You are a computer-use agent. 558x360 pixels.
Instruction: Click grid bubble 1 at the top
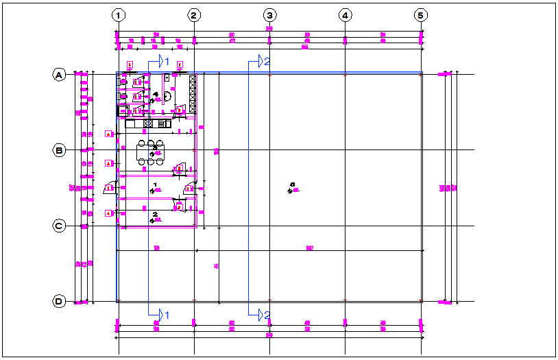coord(119,14)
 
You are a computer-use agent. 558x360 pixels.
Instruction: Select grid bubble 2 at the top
coord(195,14)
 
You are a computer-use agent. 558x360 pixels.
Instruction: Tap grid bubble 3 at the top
coord(270,14)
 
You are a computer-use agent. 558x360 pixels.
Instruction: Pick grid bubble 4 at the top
coord(345,14)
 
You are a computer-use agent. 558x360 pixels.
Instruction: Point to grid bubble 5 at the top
coord(421,14)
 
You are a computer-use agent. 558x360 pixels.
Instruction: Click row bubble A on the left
coord(60,75)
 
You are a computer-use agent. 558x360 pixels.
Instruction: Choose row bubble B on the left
coord(60,150)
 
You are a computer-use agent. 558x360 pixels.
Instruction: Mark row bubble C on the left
coord(60,226)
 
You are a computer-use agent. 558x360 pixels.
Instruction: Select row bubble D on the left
coord(60,301)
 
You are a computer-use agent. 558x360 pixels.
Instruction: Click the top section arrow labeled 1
coord(162,62)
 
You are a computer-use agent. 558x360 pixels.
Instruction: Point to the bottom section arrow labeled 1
coord(162,314)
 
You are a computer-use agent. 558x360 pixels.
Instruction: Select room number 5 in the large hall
coord(292,184)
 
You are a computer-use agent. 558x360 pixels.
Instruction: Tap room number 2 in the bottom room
coord(155,215)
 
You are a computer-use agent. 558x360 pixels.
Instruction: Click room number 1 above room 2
coord(155,184)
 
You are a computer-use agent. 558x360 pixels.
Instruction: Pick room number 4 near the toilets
coord(156,94)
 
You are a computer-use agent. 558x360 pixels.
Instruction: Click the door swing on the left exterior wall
coord(109,187)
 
